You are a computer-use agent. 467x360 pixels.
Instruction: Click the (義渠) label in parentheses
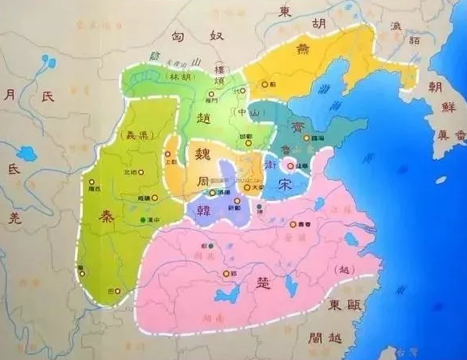(x=128, y=135)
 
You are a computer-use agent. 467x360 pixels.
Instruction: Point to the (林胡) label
(x=177, y=76)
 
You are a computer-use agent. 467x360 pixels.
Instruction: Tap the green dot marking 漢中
(x=145, y=219)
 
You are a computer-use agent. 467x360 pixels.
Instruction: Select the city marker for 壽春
(x=293, y=223)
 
